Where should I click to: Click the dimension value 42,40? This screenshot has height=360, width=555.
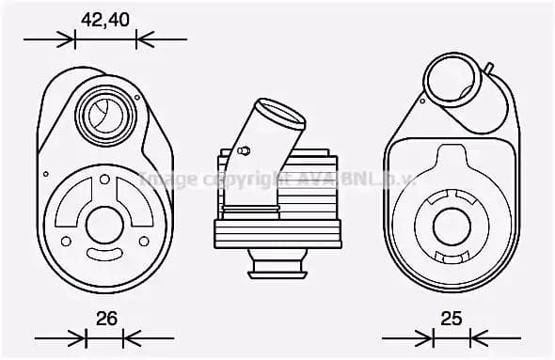click(104, 19)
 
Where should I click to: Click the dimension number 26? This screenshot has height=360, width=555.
click(106, 319)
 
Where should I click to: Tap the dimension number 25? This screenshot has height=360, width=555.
click(452, 319)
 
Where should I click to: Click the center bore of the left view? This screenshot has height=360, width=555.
click(103, 225)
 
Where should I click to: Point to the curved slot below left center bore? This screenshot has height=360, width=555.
click(103, 255)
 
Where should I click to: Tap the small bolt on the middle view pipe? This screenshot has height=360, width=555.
click(244, 150)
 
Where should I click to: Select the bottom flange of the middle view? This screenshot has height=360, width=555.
click(277, 271)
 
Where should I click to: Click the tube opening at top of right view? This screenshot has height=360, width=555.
click(452, 78)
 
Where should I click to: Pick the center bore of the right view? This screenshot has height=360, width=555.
click(452, 226)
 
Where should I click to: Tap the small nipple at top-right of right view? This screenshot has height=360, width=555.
click(488, 69)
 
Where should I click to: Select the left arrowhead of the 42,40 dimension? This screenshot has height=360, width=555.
click(68, 39)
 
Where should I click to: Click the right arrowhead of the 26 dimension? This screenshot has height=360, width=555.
click(129, 337)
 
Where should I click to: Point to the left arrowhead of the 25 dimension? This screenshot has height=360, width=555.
click(428, 337)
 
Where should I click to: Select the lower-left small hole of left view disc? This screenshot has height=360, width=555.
click(65, 242)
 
